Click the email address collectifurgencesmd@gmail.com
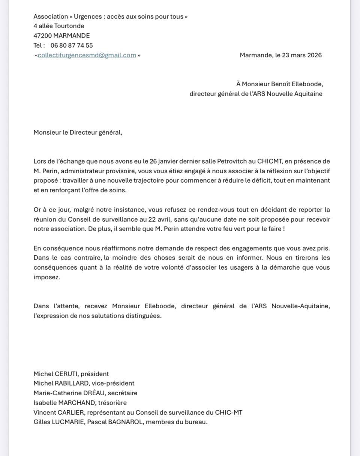[x=87, y=55]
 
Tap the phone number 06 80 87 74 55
[x=72, y=45]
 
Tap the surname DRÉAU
[x=90, y=393]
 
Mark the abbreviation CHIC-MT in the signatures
[x=229, y=412]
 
